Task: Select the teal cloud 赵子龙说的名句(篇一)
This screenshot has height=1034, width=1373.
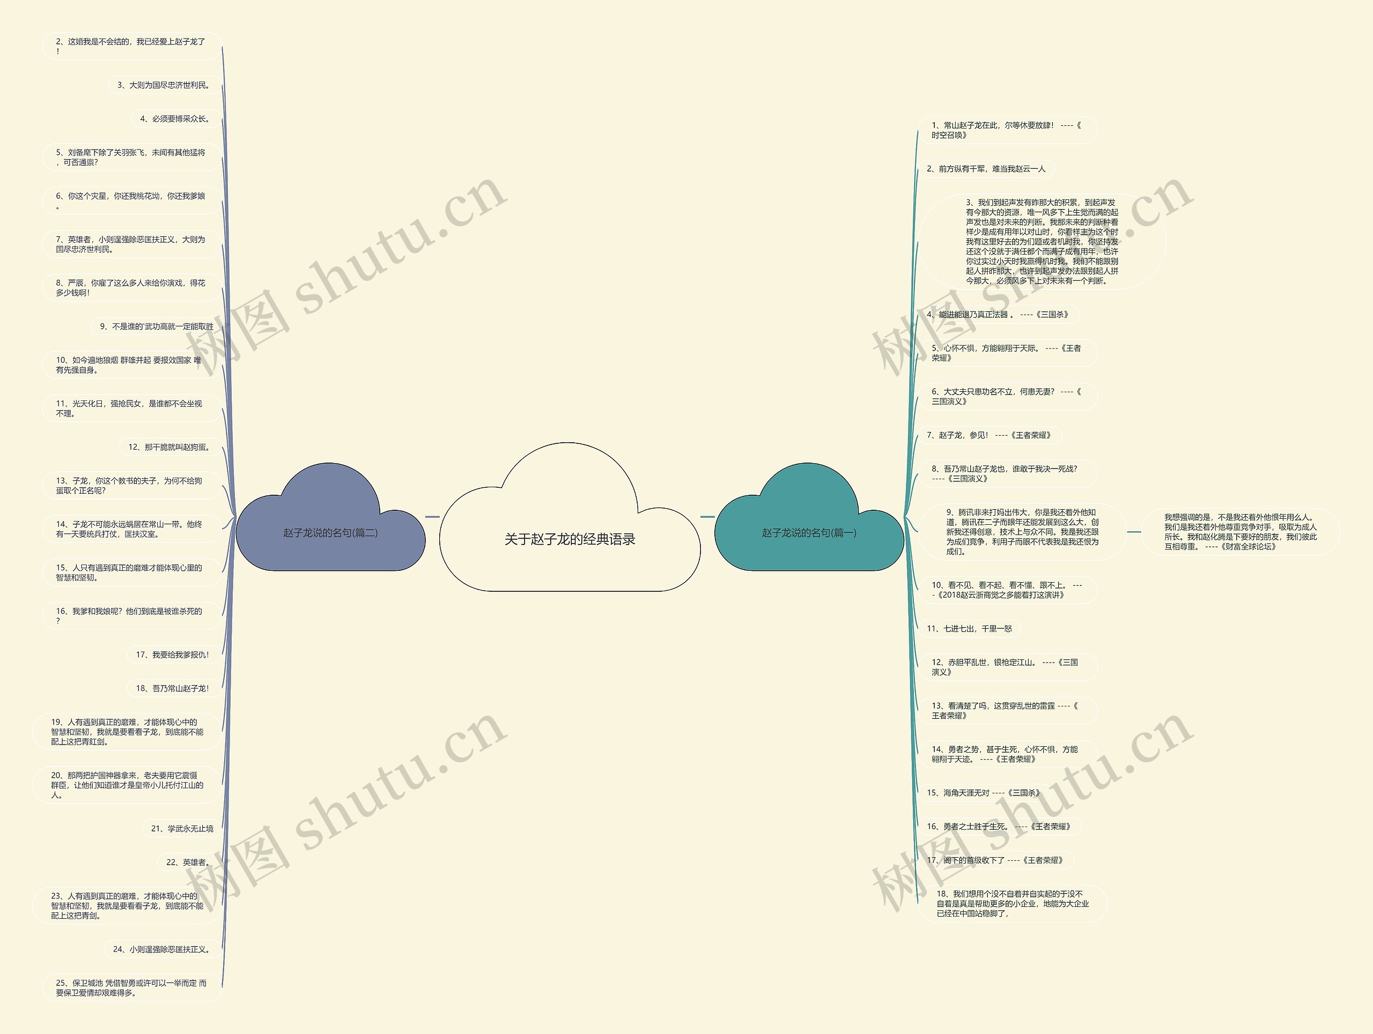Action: point(809,533)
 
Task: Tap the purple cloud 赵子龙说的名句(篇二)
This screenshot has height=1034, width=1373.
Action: point(330,533)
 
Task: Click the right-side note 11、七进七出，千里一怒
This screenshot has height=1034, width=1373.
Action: point(969,628)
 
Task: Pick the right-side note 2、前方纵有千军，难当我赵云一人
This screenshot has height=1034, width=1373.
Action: point(986,169)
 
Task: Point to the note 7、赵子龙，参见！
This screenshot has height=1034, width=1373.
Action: point(988,435)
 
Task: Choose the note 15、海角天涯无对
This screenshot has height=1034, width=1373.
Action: point(983,793)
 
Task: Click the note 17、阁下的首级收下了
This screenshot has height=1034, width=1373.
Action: point(994,860)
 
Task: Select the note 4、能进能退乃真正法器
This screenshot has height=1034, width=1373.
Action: point(997,315)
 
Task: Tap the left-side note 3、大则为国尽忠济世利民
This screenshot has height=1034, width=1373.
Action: point(164,85)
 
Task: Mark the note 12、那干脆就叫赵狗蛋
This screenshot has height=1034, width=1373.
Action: point(169,447)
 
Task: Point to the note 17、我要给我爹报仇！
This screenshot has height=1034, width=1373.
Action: point(173,654)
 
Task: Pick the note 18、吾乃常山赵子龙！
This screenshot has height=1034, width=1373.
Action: point(173,688)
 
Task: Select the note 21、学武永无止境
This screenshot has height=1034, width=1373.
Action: point(182,828)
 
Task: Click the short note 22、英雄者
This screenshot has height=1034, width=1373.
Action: point(189,862)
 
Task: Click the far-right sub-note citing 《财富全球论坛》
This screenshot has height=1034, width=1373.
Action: point(1240,532)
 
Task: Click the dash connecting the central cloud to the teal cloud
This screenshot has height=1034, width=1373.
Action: point(707,516)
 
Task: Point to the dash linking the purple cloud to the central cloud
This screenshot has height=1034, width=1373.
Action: point(433,516)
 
